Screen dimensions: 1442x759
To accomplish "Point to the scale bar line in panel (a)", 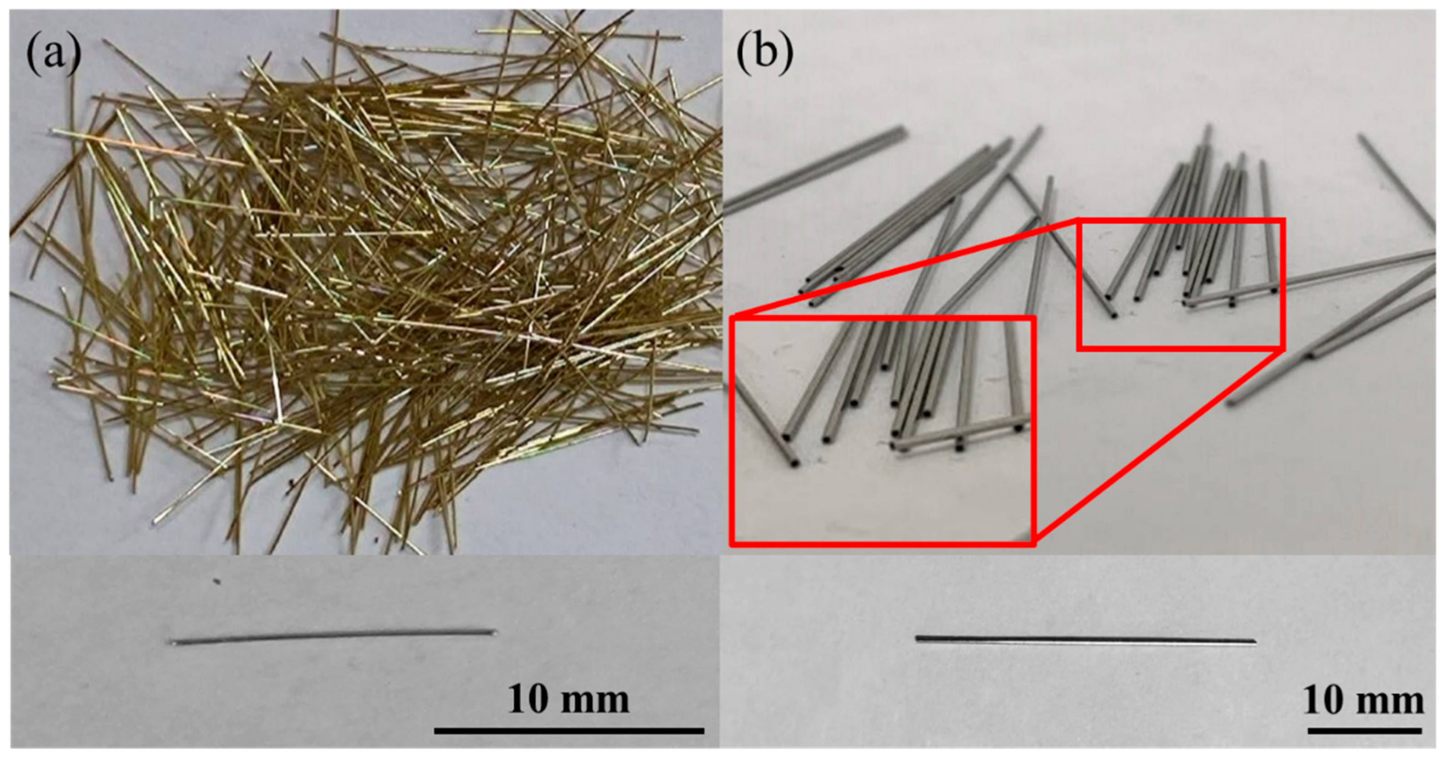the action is [568, 730].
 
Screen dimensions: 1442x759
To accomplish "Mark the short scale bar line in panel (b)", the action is [1364, 730].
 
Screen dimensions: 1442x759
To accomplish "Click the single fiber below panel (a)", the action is [333, 637].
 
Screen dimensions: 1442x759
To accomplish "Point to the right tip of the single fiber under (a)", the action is [494, 632].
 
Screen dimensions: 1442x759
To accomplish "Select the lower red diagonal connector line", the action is [1159, 445].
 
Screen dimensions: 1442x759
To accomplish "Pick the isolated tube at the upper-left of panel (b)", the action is [815, 171].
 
